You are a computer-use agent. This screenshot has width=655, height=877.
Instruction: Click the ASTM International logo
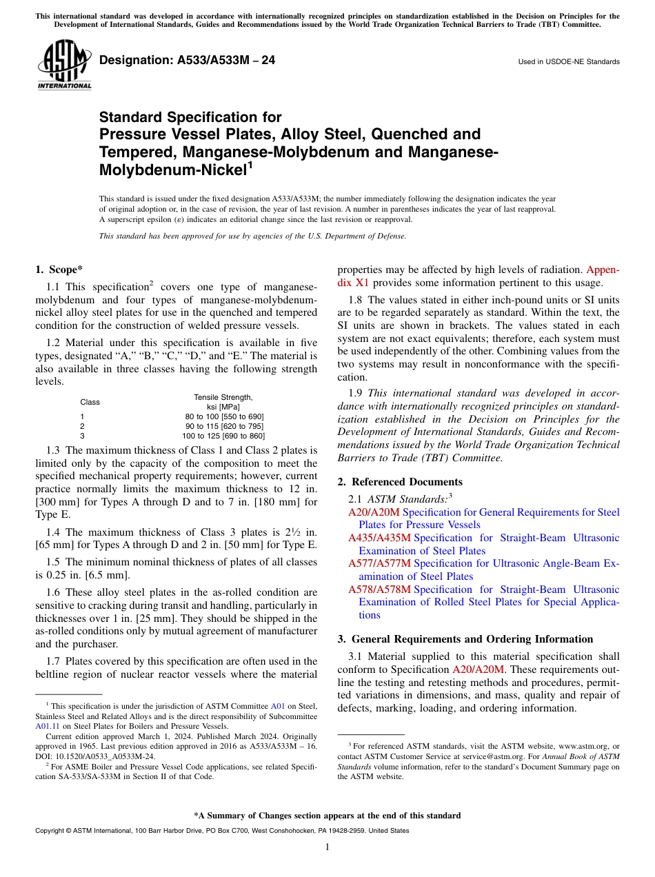pyautogui.click(x=64, y=64)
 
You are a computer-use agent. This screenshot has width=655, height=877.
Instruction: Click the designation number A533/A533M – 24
pyautogui.click(x=188, y=61)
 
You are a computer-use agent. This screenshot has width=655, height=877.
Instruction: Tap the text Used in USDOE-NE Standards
pyautogui.click(x=569, y=62)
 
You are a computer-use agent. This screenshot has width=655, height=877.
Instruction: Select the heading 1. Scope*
pyautogui.click(x=59, y=269)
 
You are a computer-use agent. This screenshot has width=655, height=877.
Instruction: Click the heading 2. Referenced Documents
pyautogui.click(x=400, y=482)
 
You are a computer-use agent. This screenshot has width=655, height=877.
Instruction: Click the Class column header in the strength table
pyautogui.click(x=90, y=402)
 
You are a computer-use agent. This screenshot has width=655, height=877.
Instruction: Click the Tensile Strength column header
pyautogui.click(x=223, y=397)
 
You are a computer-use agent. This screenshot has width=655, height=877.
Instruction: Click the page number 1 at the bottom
pyautogui.click(x=327, y=847)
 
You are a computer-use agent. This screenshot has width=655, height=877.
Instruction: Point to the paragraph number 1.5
pyautogui.click(x=53, y=563)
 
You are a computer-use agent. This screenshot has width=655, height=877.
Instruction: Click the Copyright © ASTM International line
pyautogui.click(x=221, y=831)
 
